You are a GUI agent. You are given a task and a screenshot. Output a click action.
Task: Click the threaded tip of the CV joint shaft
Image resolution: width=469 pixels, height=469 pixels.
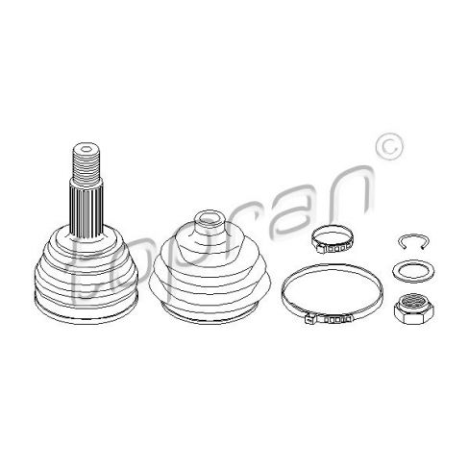click(86, 164)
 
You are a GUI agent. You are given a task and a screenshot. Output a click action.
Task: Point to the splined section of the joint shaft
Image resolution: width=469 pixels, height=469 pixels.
click(86, 209)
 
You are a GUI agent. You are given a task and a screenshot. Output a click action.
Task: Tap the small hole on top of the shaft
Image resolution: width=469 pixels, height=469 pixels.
click(86, 149)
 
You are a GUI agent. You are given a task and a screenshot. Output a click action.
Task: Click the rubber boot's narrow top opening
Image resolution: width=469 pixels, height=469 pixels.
click(210, 219)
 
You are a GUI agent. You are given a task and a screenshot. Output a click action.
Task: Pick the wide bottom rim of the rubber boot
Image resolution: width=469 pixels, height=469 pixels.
click(210, 312)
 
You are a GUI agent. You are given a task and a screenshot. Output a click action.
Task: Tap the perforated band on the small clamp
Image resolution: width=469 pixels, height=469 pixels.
click(335, 248)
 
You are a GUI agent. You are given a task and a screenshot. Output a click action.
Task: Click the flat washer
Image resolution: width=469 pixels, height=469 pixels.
click(413, 272)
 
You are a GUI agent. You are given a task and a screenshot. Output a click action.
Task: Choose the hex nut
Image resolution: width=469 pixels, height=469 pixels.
click(413, 309)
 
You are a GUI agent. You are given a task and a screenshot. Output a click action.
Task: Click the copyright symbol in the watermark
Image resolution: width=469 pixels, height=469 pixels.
click(388, 146)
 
